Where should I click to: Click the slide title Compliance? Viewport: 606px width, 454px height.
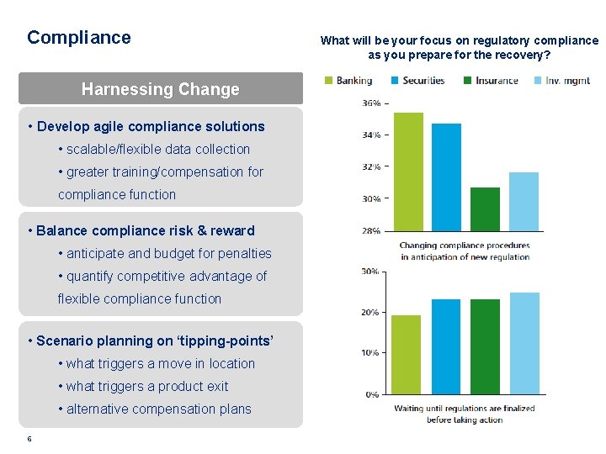(79, 38)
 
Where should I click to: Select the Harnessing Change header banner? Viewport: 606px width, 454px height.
(160, 89)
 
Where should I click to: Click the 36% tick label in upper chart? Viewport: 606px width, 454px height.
(370, 103)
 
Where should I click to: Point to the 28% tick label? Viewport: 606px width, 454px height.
(370, 230)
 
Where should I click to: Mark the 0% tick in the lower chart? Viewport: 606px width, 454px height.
(371, 394)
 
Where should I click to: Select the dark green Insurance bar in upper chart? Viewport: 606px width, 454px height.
(485, 209)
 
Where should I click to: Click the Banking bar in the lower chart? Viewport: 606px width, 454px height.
(407, 354)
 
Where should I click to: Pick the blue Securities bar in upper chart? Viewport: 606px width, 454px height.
(446, 177)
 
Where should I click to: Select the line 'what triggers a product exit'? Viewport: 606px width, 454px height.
(146, 387)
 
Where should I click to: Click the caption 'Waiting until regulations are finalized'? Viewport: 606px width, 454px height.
(465, 409)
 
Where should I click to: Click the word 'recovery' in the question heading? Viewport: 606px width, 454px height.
(517, 55)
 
